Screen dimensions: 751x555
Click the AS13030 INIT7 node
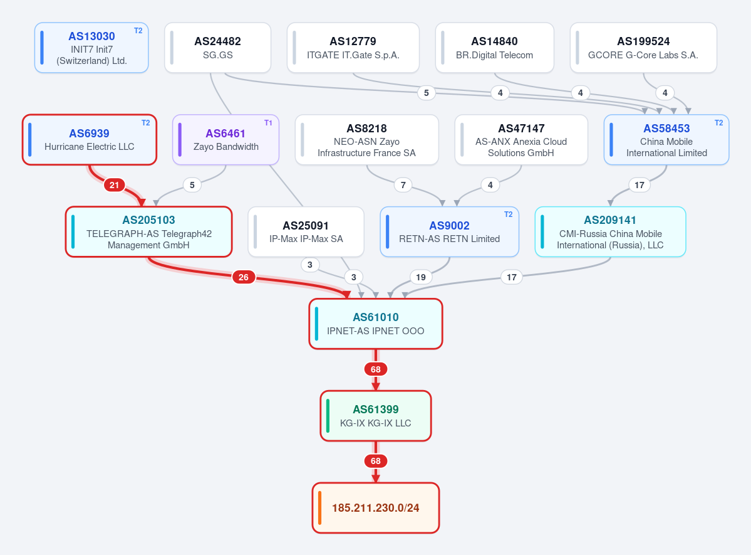pyautogui.click(x=91, y=48)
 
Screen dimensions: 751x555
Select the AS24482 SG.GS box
pyautogui.click(x=218, y=48)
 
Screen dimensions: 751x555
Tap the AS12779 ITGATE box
pyautogui.click(x=353, y=48)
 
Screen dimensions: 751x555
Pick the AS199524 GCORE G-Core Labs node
pyautogui.click(x=643, y=48)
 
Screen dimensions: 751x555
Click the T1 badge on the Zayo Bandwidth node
pyautogui.click(x=268, y=123)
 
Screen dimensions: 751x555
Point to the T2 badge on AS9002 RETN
pyautogui.click(x=508, y=214)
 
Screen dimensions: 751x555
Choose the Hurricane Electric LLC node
pyautogui.click(x=90, y=140)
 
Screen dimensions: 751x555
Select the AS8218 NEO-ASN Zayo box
pyautogui.click(x=367, y=140)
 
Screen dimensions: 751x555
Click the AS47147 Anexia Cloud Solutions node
pyautogui.click(x=521, y=140)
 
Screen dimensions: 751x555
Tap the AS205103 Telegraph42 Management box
pyautogui.click(x=149, y=231)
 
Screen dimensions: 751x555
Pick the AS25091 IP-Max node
pyautogui.click(x=306, y=231)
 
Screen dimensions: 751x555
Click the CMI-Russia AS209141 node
pyautogui.click(x=610, y=231)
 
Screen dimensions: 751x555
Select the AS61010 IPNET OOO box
pyautogui.click(x=376, y=324)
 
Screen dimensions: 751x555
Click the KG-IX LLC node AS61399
pyautogui.click(x=376, y=416)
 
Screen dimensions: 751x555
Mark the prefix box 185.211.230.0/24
pyautogui.click(x=376, y=508)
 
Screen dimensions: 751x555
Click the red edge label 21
pyautogui.click(x=115, y=185)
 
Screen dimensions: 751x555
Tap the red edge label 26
pyautogui.click(x=243, y=277)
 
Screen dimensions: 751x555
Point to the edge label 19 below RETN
pyautogui.click(x=420, y=277)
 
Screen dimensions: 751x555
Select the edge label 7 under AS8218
pyautogui.click(x=403, y=185)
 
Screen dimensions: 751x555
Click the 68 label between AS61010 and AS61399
pyautogui.click(x=376, y=369)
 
